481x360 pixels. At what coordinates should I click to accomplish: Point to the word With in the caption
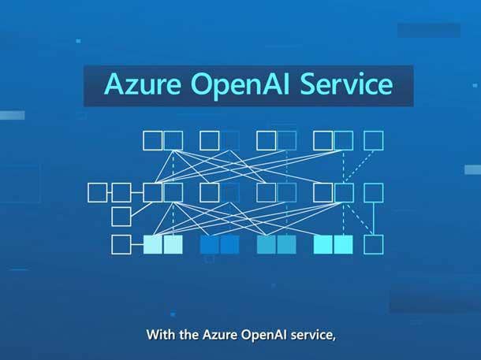(160, 335)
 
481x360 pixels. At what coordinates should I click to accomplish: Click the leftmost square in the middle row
(97, 192)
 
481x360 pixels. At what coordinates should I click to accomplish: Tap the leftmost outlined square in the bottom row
(121, 244)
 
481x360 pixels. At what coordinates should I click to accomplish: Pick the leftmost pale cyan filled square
(152, 244)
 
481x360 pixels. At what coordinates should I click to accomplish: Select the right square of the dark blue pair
(229, 244)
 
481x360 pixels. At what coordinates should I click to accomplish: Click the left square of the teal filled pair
(267, 244)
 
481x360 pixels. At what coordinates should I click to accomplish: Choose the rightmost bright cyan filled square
(343, 244)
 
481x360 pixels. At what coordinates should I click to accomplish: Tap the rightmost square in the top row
(374, 141)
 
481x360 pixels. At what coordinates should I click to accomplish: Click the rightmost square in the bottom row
(374, 244)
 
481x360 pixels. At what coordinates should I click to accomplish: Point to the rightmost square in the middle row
(374, 192)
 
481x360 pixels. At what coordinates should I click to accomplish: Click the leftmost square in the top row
(152, 141)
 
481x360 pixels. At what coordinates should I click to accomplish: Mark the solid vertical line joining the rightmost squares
(374, 218)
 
